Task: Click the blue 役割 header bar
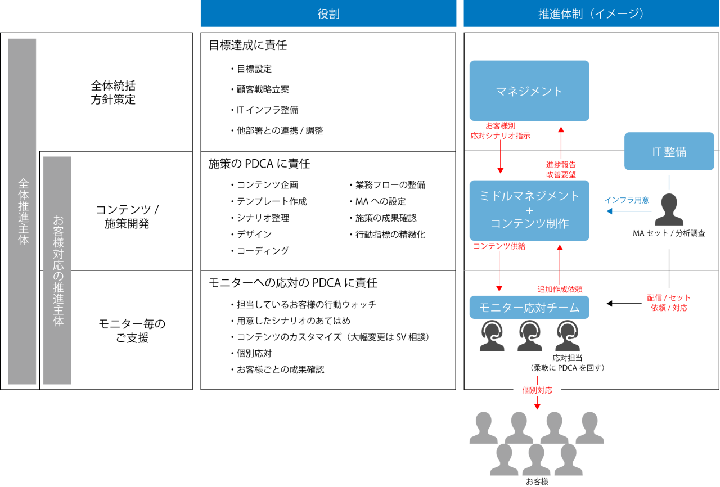point(328,13)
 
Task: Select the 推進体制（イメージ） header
point(591,13)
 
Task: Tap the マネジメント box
point(529,91)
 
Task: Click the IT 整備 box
point(669,151)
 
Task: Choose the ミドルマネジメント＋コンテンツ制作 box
point(529,210)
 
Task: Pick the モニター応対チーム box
point(529,307)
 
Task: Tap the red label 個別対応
point(537,390)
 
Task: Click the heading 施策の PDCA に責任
point(259,164)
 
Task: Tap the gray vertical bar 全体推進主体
point(22,211)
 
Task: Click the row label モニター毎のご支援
point(132,331)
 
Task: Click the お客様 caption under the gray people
point(537,481)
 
